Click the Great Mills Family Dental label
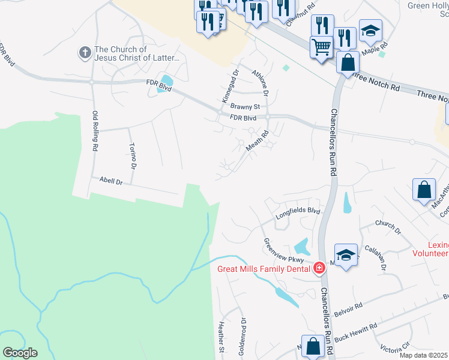coord(264,268)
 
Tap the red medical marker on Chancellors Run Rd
coord(319,268)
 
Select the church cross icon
coord(85,53)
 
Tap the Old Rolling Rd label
coord(95,130)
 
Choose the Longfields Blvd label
coord(298,211)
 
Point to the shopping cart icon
coord(322,46)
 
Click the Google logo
coord(19,353)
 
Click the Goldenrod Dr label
coord(243,337)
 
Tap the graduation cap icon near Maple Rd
coord(370,31)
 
